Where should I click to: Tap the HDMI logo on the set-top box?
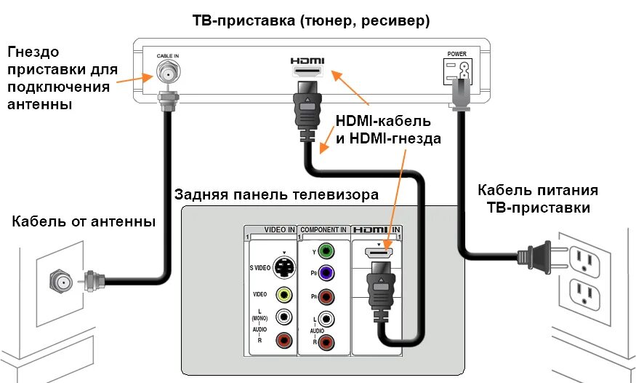[x=307, y=61]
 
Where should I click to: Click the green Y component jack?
[x=327, y=252]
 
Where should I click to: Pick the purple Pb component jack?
[x=327, y=274]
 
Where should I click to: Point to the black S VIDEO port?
[x=284, y=267]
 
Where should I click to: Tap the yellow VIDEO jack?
[x=284, y=294]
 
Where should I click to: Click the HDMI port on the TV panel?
[x=378, y=253]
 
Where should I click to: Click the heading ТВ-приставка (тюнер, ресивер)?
[x=310, y=21]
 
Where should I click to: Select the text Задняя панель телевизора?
[x=276, y=194]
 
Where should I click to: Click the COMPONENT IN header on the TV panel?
[x=323, y=229]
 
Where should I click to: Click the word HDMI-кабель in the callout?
[x=383, y=120]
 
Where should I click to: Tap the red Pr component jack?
[x=327, y=296]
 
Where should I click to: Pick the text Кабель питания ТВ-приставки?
[x=538, y=198]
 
